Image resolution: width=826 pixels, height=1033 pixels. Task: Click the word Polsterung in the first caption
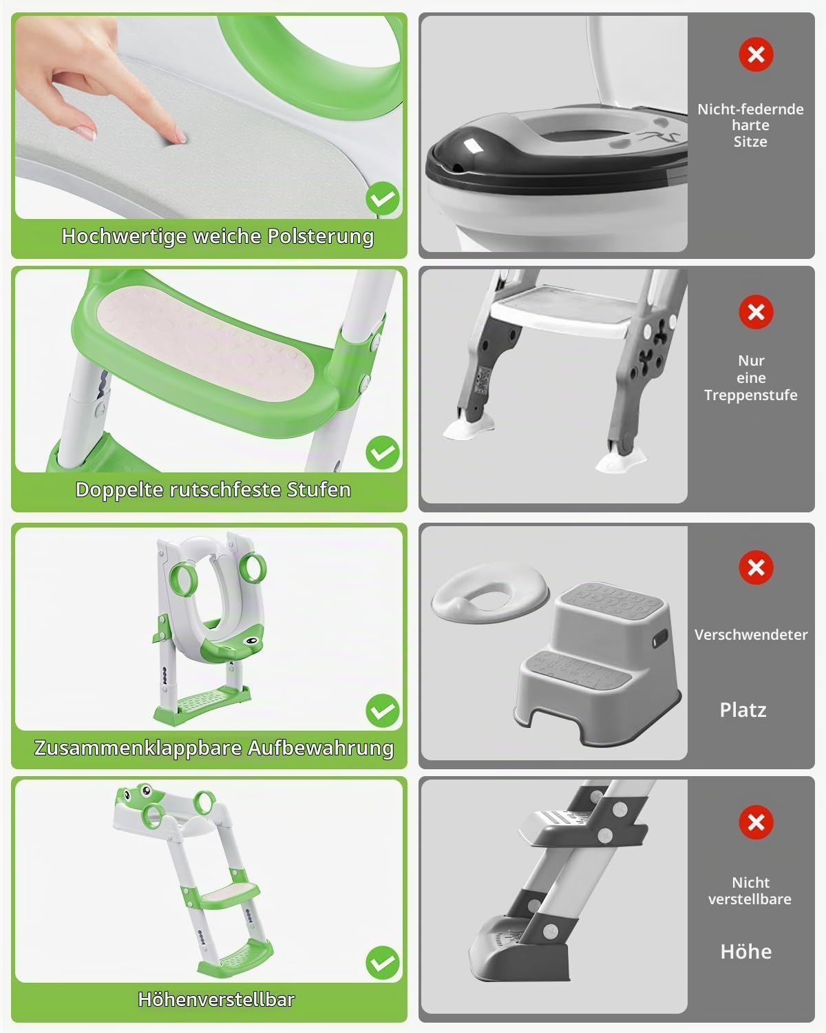click(x=321, y=237)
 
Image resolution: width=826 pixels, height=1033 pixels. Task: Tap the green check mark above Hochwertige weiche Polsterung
click(x=383, y=198)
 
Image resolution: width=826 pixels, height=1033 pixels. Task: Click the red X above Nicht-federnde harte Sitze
click(x=756, y=54)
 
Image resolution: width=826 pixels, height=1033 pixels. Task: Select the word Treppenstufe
click(x=751, y=395)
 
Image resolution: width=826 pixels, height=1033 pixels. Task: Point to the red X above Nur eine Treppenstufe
click(x=756, y=312)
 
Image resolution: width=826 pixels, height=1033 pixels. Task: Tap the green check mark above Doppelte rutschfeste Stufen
click(x=383, y=452)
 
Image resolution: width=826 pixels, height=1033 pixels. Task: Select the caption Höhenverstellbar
click(x=216, y=999)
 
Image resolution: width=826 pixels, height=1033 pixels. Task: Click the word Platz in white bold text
click(x=743, y=710)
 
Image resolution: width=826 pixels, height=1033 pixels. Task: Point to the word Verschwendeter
click(x=751, y=634)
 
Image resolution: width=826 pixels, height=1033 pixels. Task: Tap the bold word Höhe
click(x=746, y=952)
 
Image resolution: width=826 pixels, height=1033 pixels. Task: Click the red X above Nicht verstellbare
click(x=756, y=822)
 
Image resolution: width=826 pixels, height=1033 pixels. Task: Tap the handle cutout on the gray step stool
click(x=659, y=638)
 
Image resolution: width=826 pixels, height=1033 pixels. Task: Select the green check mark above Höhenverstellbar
click(x=383, y=963)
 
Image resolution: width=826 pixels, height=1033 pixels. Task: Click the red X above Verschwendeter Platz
click(x=756, y=567)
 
